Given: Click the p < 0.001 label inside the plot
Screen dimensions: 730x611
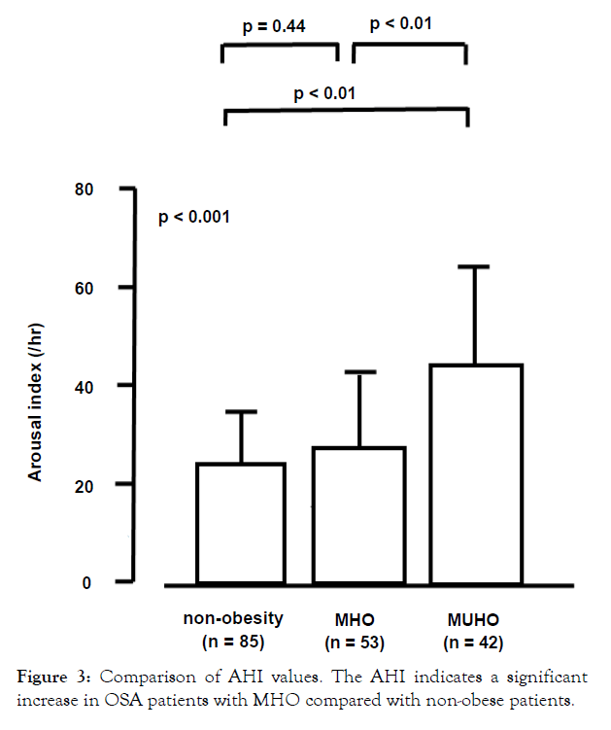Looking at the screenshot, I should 194,217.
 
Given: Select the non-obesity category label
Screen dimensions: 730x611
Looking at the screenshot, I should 233,618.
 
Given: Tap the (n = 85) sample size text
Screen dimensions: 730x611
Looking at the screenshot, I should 233,642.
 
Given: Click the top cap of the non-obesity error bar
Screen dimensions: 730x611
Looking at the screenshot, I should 241,412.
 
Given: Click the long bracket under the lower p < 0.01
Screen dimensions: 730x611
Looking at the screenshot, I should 346,112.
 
